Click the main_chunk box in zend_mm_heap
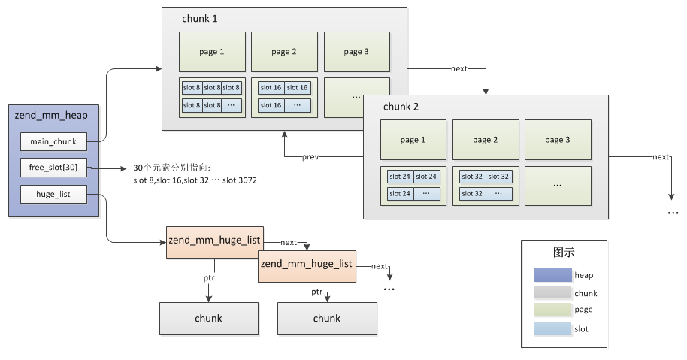[x=53, y=141]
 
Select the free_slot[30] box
[x=53, y=168]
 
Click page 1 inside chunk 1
[x=212, y=52]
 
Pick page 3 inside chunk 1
[x=356, y=52]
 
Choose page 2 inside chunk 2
[x=486, y=140]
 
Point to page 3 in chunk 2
[x=558, y=140]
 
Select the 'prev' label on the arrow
[x=311, y=157]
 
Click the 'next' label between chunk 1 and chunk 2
[x=459, y=68]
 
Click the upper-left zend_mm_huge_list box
[x=213, y=241]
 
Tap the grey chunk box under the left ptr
[x=208, y=318]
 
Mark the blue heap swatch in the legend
[x=552, y=276]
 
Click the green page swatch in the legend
[x=552, y=310]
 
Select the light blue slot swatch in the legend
[x=552, y=328]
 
